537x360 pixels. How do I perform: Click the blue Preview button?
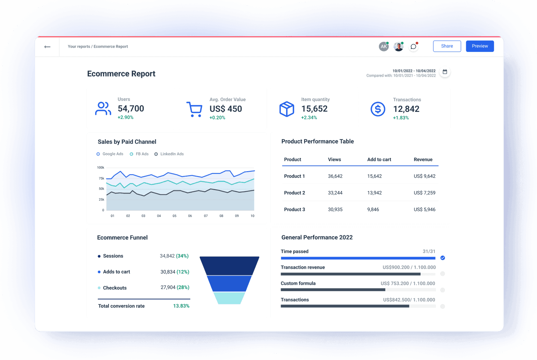(x=480, y=46)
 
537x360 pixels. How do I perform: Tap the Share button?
(x=447, y=46)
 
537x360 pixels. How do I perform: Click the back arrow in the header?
(x=47, y=47)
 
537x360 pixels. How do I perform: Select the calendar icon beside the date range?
(x=445, y=72)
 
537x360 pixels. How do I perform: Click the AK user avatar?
(x=383, y=47)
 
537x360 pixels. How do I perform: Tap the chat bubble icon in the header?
(x=413, y=47)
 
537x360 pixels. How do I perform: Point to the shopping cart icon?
(x=194, y=109)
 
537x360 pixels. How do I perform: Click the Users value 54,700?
(x=131, y=109)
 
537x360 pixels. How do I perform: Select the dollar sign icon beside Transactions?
(x=378, y=109)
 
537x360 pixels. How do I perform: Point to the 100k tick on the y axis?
(x=101, y=168)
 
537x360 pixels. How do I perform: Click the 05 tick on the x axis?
(x=175, y=216)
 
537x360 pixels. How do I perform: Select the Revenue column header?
(x=423, y=159)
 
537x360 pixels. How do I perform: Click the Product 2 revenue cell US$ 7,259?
(x=424, y=193)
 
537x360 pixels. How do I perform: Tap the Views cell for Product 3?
(x=335, y=210)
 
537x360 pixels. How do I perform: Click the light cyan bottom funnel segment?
(x=229, y=298)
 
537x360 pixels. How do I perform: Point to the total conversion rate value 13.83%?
(x=181, y=306)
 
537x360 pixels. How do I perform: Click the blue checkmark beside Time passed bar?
(x=443, y=258)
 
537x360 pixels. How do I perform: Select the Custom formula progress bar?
(x=358, y=290)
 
